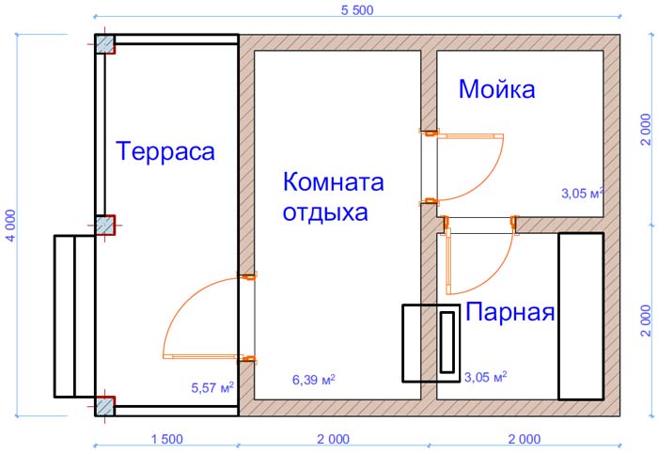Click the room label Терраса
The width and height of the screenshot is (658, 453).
click(x=164, y=151)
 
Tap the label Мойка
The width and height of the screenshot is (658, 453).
click(x=497, y=89)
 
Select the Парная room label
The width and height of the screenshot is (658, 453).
click(x=510, y=312)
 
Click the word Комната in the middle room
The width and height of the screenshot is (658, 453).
click(x=334, y=182)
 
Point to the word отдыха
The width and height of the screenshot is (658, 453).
click(x=325, y=212)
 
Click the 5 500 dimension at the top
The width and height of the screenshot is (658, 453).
click(x=357, y=10)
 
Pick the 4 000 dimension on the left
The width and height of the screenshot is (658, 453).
click(x=10, y=226)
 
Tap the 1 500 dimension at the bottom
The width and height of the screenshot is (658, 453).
click(x=167, y=439)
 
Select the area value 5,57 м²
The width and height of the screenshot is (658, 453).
click(x=212, y=387)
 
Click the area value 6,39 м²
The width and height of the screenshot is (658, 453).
click(x=313, y=380)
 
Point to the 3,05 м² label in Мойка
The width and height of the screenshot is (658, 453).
click(x=583, y=193)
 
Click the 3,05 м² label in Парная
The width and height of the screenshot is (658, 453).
click(x=485, y=377)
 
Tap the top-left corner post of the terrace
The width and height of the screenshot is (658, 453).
click(x=104, y=44)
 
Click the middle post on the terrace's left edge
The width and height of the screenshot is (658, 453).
click(x=104, y=226)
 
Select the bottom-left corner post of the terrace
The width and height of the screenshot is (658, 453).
click(x=104, y=406)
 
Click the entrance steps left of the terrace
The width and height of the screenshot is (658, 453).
click(x=74, y=317)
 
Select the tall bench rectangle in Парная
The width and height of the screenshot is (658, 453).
click(x=581, y=317)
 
